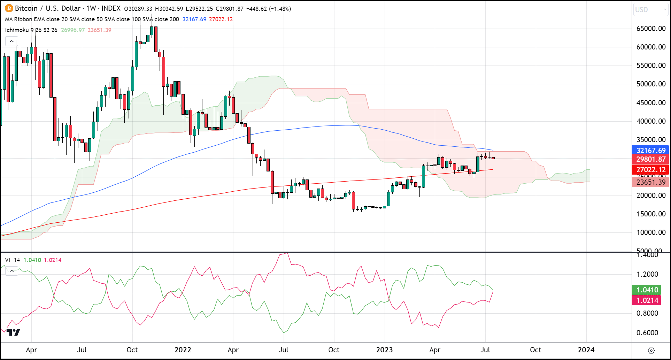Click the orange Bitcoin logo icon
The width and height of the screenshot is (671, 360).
click(9, 8)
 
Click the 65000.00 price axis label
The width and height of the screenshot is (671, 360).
click(651, 29)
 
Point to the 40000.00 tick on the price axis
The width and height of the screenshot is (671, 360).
click(651, 121)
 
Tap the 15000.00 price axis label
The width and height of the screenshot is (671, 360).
click(651, 214)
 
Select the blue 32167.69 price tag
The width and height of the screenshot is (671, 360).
click(650, 151)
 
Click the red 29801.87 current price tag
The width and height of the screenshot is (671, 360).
click(650, 159)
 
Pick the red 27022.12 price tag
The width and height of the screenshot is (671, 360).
click(650, 170)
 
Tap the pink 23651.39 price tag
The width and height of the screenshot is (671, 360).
click(650, 182)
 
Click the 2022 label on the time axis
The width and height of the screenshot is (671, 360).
click(183, 350)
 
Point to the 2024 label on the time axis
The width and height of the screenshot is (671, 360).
click(586, 350)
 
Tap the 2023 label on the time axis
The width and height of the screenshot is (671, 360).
click(384, 350)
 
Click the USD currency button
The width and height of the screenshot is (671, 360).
click(650, 10)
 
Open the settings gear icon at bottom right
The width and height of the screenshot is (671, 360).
click(651, 350)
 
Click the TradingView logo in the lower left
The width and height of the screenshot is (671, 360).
click(13, 332)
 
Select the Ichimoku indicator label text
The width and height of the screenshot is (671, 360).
click(17, 30)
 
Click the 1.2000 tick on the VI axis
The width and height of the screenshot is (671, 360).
click(647, 274)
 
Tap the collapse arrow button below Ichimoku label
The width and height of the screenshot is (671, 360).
click(11, 41)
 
